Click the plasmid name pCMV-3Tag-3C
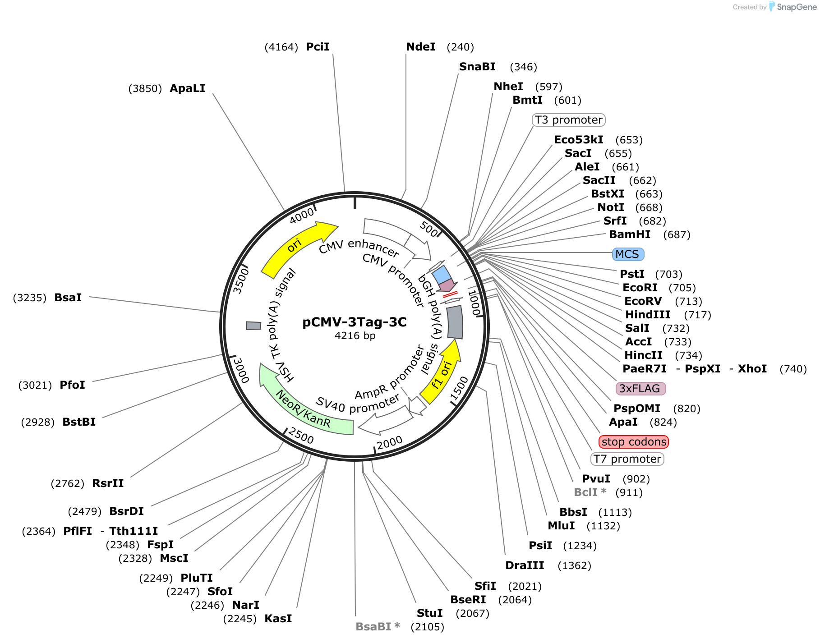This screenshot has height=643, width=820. coord(355,322)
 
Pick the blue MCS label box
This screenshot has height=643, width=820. coord(628,254)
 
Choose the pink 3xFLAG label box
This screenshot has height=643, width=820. coord(640,389)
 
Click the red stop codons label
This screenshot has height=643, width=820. coord(634,442)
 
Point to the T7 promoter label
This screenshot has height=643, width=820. coord(627,459)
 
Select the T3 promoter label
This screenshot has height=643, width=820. coord(568,120)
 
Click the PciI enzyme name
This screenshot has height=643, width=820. coord(318,47)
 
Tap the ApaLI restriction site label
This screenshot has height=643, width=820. coord(188,88)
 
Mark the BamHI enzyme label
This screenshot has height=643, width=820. coord(630,234)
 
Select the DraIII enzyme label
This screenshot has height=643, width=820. coord(525,565)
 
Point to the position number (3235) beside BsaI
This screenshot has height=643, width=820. coord(30,298)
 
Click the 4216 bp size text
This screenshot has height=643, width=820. coord(355,335)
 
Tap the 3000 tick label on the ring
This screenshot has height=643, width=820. coord(241,370)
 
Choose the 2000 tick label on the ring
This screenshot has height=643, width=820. coord(390,443)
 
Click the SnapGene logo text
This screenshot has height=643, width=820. coord(797,7)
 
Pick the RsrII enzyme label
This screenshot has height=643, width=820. coord(108,483)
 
